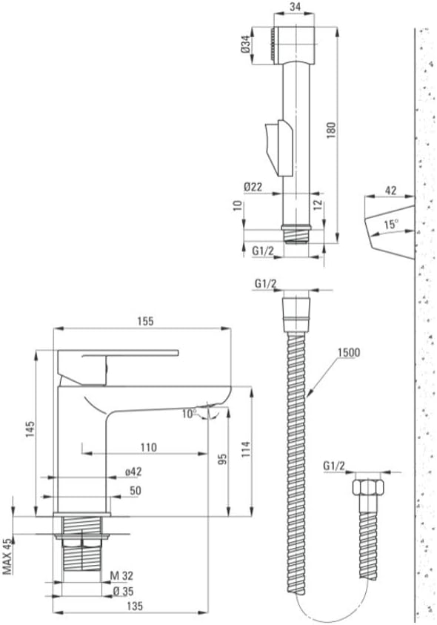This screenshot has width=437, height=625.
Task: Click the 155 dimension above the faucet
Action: click(x=145, y=321)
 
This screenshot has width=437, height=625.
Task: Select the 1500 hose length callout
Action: click(x=348, y=352)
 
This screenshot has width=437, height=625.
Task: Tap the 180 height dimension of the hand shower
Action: click(x=331, y=130)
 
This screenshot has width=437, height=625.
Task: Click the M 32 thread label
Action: click(x=122, y=575)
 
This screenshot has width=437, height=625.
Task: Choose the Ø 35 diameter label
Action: click(x=123, y=592)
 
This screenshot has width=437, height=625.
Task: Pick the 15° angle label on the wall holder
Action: click(x=391, y=224)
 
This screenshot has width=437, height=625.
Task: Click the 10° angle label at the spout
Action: click(x=189, y=414)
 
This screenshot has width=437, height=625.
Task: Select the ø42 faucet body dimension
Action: click(x=133, y=472)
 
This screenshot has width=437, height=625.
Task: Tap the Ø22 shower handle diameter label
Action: click(x=253, y=187)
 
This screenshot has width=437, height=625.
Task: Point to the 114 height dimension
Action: click(x=245, y=449)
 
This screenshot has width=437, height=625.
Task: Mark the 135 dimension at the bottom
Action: click(x=135, y=606)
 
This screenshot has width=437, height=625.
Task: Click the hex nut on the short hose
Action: click(x=368, y=488)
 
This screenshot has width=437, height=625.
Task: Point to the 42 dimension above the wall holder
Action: click(x=391, y=191)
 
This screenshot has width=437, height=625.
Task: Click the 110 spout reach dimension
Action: click(x=149, y=448)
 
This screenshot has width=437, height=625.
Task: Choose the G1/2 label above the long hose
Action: click(x=265, y=283)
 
